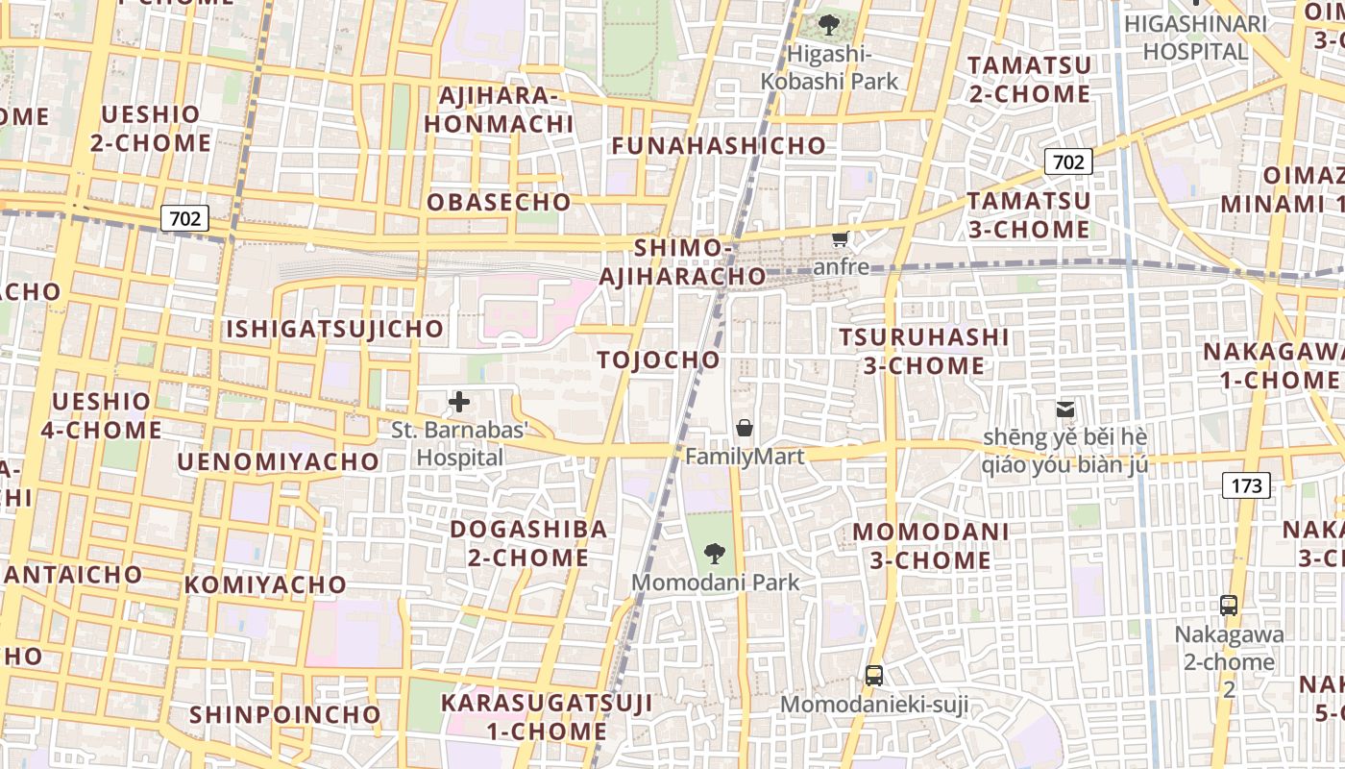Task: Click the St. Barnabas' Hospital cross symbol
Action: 459,402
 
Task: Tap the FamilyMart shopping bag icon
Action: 744,428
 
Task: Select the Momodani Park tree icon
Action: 715,553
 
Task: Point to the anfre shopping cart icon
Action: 840,238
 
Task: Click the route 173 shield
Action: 1246,485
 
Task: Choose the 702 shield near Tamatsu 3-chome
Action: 1068,161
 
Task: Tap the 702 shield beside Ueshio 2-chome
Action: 184,218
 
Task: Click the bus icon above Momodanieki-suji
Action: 873,675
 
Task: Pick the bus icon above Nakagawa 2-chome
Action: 1228,606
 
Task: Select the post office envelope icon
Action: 1064,409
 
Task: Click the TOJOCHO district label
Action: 658,360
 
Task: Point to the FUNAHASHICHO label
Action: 719,146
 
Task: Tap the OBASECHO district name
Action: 499,203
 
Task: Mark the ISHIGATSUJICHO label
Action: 334,330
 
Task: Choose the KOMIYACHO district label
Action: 265,584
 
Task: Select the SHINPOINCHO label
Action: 285,715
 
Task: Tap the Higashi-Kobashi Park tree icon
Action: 828,25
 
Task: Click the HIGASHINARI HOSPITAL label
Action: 1194,37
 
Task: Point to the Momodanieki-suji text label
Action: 873,706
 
